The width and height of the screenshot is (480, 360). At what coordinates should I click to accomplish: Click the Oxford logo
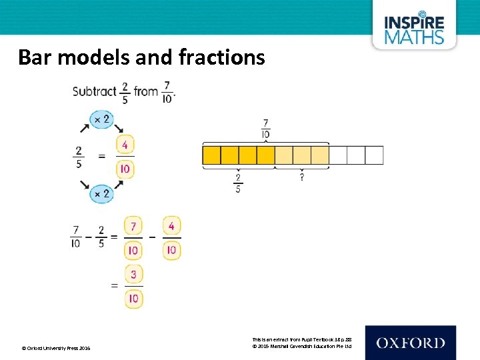point(410,343)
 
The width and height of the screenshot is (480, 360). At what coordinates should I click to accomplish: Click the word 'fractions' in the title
point(222,57)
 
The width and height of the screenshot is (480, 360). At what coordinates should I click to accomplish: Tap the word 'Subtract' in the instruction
point(94,91)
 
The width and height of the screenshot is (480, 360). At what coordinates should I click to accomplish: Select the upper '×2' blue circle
point(102,120)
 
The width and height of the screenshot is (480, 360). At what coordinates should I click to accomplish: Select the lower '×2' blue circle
point(102,194)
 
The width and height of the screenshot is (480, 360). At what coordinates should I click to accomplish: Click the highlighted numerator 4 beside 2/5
point(125,145)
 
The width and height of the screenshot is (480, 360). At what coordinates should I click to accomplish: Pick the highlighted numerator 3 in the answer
point(134,275)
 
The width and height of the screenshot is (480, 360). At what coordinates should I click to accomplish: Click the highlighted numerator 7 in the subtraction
point(134,227)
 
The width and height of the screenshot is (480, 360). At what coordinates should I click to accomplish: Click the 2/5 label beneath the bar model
point(238,183)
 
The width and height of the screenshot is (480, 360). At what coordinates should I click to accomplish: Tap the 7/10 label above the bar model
point(266,129)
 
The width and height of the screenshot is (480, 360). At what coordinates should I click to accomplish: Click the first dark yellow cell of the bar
point(211,155)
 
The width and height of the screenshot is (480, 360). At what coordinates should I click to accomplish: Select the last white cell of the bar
point(375,155)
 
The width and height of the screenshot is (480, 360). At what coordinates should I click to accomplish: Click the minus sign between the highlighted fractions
point(153,237)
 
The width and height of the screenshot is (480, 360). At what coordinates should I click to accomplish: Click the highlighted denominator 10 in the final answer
point(134,298)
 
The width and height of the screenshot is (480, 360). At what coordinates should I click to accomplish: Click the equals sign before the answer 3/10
point(114,285)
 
